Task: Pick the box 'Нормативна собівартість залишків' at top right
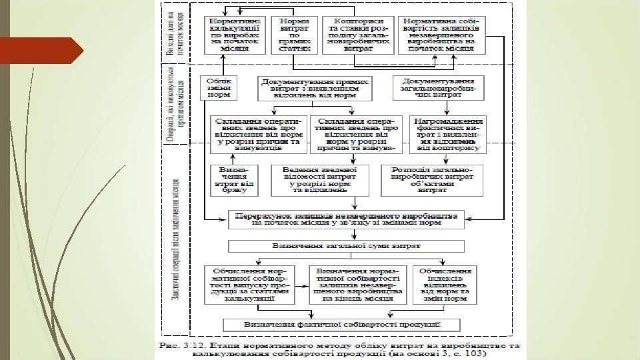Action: pos(443,34)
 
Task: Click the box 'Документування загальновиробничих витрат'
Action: pos(438,87)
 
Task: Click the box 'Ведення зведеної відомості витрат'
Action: pos(319,179)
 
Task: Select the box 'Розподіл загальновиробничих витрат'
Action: pos(432,179)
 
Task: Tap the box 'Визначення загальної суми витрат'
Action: pos(345,246)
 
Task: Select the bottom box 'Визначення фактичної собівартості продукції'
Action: pos(343,325)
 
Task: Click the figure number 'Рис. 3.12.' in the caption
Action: pos(184,346)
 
